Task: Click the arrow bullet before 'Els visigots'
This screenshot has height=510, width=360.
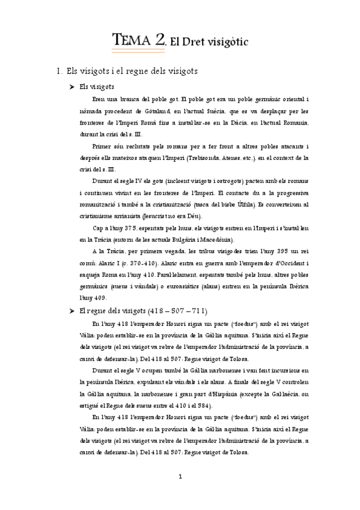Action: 72,87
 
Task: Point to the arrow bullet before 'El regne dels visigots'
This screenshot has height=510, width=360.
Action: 72,311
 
